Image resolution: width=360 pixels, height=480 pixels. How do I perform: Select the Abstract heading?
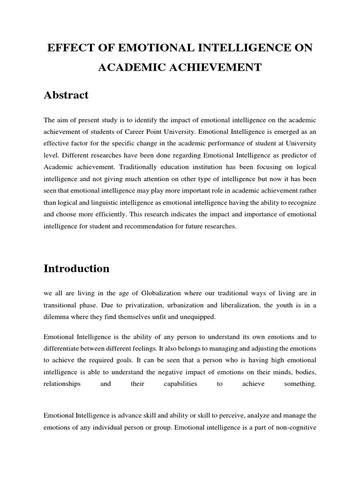click(66, 95)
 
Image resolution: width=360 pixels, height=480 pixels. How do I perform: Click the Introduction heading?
click(76, 269)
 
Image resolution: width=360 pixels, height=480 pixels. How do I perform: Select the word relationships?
click(62, 383)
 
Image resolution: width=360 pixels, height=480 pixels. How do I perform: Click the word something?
click(300, 383)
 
